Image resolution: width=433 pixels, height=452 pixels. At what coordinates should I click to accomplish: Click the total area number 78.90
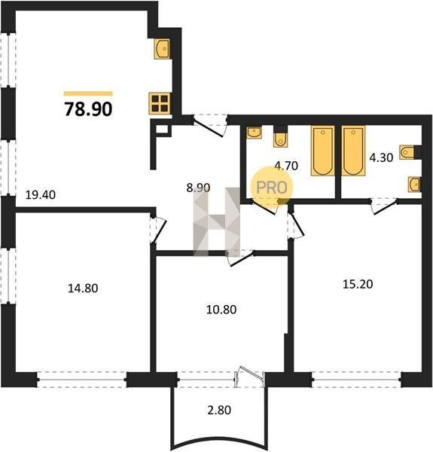click(x=88, y=109)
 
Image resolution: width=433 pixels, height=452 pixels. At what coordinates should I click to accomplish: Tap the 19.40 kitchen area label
click(x=41, y=195)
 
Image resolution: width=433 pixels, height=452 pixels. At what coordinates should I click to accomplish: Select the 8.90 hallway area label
click(x=198, y=188)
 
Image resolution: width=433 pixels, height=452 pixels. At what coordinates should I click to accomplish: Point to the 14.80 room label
click(x=83, y=288)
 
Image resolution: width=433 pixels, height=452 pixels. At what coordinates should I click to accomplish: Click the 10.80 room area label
click(x=221, y=310)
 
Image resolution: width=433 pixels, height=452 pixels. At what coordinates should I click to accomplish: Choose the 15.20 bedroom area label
click(x=358, y=284)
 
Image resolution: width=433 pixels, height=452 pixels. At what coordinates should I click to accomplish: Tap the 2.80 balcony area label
click(x=219, y=410)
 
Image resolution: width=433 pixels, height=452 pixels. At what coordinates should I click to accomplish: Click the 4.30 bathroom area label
click(x=381, y=157)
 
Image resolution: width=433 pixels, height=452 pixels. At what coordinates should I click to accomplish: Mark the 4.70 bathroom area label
click(x=286, y=166)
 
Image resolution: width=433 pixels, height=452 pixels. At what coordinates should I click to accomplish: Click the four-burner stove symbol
click(x=160, y=103)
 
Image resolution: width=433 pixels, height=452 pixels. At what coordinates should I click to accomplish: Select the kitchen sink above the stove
click(x=162, y=49)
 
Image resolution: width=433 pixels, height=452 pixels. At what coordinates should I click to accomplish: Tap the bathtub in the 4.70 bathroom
click(x=322, y=151)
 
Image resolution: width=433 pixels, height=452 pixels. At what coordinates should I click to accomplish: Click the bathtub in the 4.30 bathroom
click(x=353, y=151)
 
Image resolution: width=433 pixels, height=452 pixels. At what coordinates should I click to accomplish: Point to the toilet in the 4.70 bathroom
click(x=280, y=137)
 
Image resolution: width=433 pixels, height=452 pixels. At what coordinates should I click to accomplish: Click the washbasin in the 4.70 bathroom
click(x=254, y=133)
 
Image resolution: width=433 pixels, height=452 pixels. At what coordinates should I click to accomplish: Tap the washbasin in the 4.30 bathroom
click(x=414, y=185)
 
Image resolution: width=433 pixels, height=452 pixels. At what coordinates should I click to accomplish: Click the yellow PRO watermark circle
click(x=271, y=188)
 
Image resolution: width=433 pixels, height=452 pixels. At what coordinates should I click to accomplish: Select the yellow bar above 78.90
click(x=88, y=93)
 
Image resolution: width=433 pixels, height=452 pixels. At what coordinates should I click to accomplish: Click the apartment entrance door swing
click(x=210, y=127)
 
